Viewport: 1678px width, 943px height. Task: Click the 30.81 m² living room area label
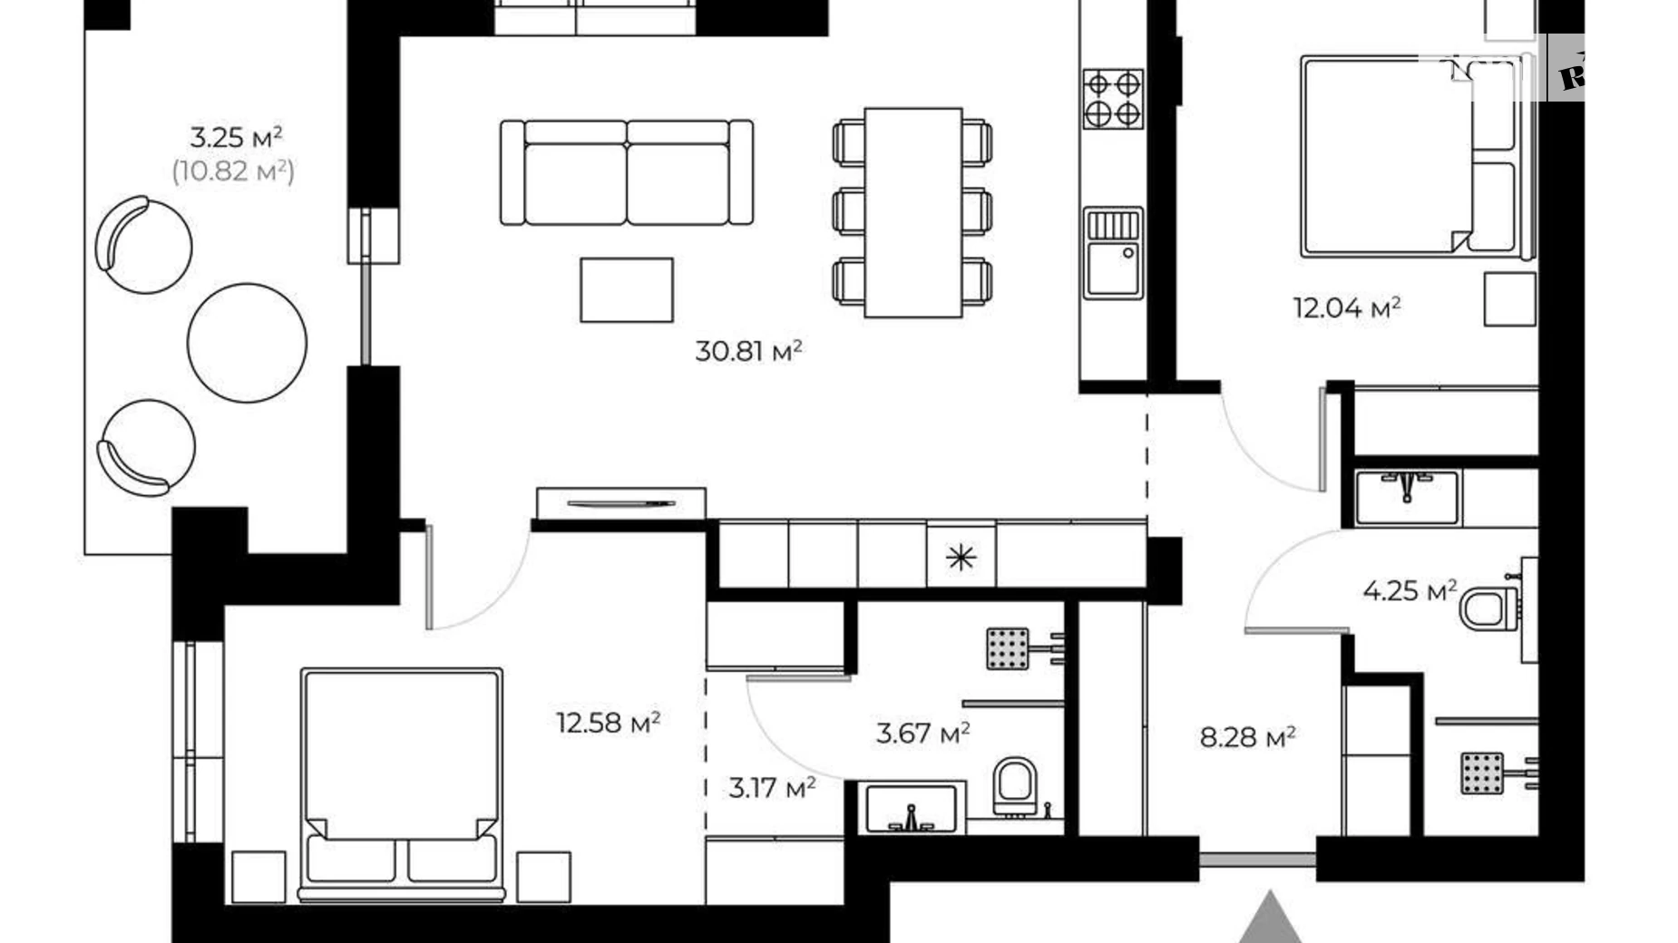(x=748, y=351)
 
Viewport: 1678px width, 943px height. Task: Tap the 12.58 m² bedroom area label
(x=608, y=723)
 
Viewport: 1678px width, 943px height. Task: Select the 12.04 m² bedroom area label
(x=1347, y=308)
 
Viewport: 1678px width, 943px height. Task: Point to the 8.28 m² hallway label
(x=1247, y=737)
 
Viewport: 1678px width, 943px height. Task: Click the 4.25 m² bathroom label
(x=1409, y=591)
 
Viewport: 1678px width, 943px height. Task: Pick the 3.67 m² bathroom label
(x=922, y=733)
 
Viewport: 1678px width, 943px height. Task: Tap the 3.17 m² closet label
(x=772, y=788)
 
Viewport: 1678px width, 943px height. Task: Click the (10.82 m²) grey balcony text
(x=233, y=170)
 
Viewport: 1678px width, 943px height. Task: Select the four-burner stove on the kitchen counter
(x=1113, y=99)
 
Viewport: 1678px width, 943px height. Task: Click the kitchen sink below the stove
(x=1113, y=253)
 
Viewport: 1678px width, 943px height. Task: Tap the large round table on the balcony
(x=247, y=343)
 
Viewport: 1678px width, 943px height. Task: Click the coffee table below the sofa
(x=627, y=290)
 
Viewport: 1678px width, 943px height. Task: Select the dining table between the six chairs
(x=912, y=212)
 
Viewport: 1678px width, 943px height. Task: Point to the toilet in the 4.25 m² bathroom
(x=1488, y=608)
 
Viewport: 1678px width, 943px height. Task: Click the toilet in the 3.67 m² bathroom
(x=1014, y=785)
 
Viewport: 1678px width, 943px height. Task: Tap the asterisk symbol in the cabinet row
(x=961, y=557)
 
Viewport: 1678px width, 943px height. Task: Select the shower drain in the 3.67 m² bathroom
(x=1007, y=648)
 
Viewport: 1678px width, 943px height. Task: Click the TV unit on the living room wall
(x=621, y=503)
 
